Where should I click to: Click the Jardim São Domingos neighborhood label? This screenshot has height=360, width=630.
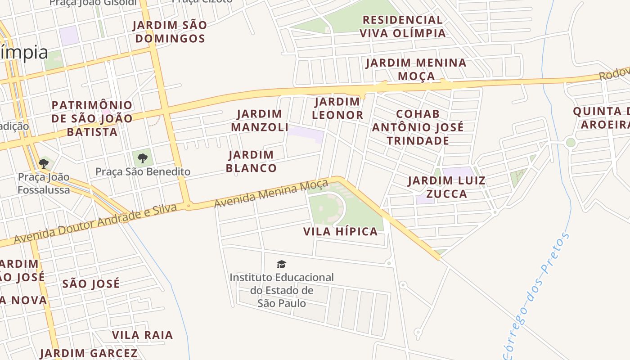171,32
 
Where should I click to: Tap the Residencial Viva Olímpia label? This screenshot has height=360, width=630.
403,27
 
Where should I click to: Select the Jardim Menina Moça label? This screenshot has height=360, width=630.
416,69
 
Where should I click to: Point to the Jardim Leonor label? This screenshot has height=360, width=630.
337,108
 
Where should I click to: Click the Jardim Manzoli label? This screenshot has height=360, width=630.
260,121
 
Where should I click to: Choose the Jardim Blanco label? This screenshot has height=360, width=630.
251,162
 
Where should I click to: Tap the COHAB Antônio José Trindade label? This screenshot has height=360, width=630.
418,127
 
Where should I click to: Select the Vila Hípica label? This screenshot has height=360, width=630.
340,232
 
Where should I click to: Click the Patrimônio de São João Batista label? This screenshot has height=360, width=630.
92,119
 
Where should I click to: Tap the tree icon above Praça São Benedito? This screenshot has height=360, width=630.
143,158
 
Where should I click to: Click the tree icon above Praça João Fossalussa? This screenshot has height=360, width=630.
44,163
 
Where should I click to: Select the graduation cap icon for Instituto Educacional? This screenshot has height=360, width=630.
282,264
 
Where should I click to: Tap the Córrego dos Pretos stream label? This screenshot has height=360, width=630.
535,297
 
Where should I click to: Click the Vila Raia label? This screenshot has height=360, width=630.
142,335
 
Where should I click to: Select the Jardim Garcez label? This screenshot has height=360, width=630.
89,353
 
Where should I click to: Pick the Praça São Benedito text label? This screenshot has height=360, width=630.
143,171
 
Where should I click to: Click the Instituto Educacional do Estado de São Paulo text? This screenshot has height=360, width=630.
282,290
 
